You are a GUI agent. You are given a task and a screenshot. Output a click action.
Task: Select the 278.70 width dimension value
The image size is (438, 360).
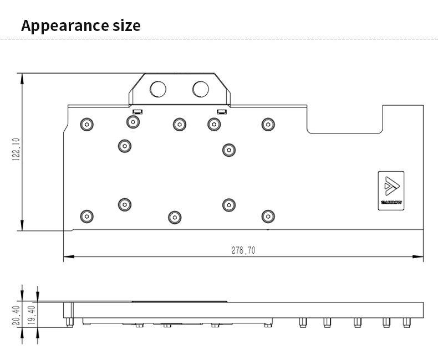pos(243,250)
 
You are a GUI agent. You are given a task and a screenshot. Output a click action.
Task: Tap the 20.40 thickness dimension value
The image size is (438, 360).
pos(16,314)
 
